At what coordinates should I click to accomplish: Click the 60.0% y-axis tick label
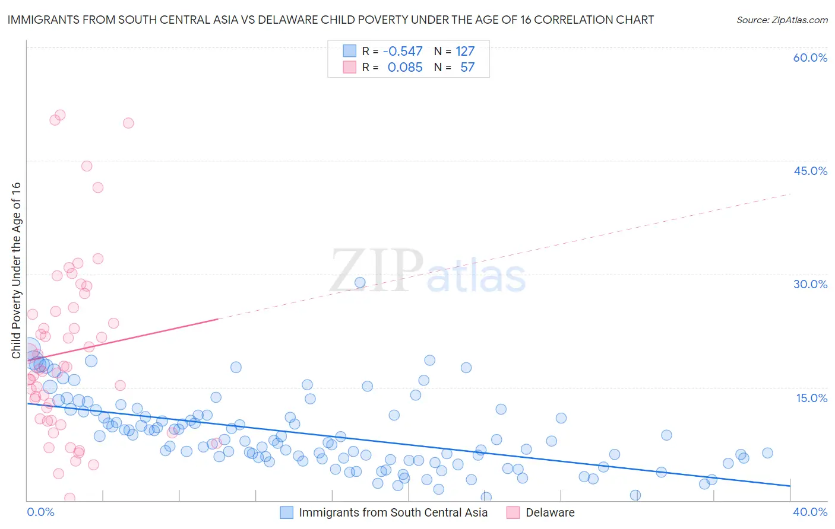pos(810,58)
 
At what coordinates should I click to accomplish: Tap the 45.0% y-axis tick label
pos(810,171)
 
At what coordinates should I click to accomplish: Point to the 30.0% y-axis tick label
pos(810,284)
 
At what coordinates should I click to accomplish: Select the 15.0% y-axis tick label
pos(811,398)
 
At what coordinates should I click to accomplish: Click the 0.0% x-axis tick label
pos(40,512)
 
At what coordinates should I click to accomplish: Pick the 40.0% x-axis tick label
pos(810,512)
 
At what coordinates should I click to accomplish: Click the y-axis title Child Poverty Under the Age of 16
pos(16,270)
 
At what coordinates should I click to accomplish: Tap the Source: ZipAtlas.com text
pos(782,20)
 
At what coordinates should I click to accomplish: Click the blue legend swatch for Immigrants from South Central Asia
pos(287,512)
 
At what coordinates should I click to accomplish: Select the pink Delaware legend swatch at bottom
pos(513,512)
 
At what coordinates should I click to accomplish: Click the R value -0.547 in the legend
pos(403,52)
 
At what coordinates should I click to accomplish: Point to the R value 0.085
pos(405,68)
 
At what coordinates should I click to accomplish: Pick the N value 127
pos(465,52)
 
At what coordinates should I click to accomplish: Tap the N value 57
pos(467,68)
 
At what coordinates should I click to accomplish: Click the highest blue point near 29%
pos(360,282)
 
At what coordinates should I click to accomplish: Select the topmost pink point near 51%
pos(60,115)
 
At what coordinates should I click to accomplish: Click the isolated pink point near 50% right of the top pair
pos(128,123)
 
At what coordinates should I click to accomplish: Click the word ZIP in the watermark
pos(377,271)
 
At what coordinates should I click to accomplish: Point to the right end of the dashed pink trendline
pos(790,194)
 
